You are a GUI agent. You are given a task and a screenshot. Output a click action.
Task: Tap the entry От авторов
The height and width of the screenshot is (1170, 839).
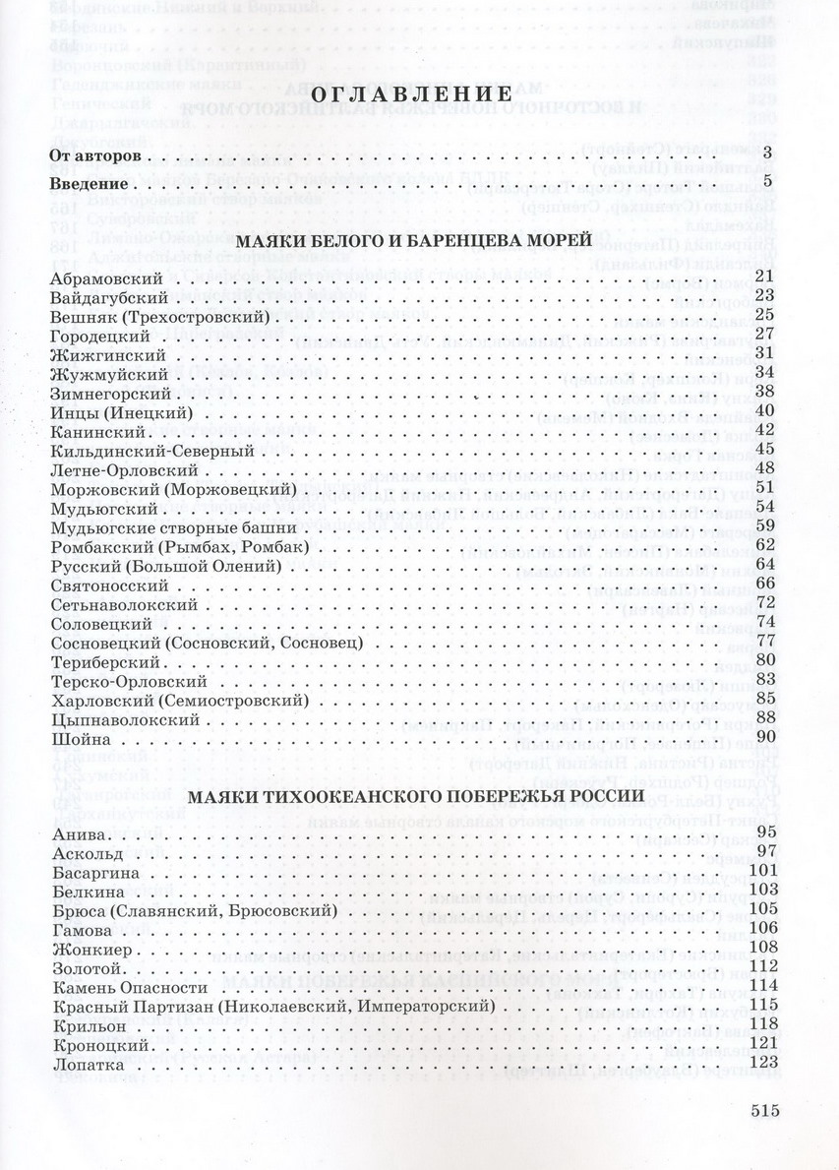(96, 155)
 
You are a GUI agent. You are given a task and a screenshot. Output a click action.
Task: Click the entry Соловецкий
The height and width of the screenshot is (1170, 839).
(99, 623)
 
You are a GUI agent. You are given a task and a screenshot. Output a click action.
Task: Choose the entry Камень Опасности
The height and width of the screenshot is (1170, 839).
(128, 986)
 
